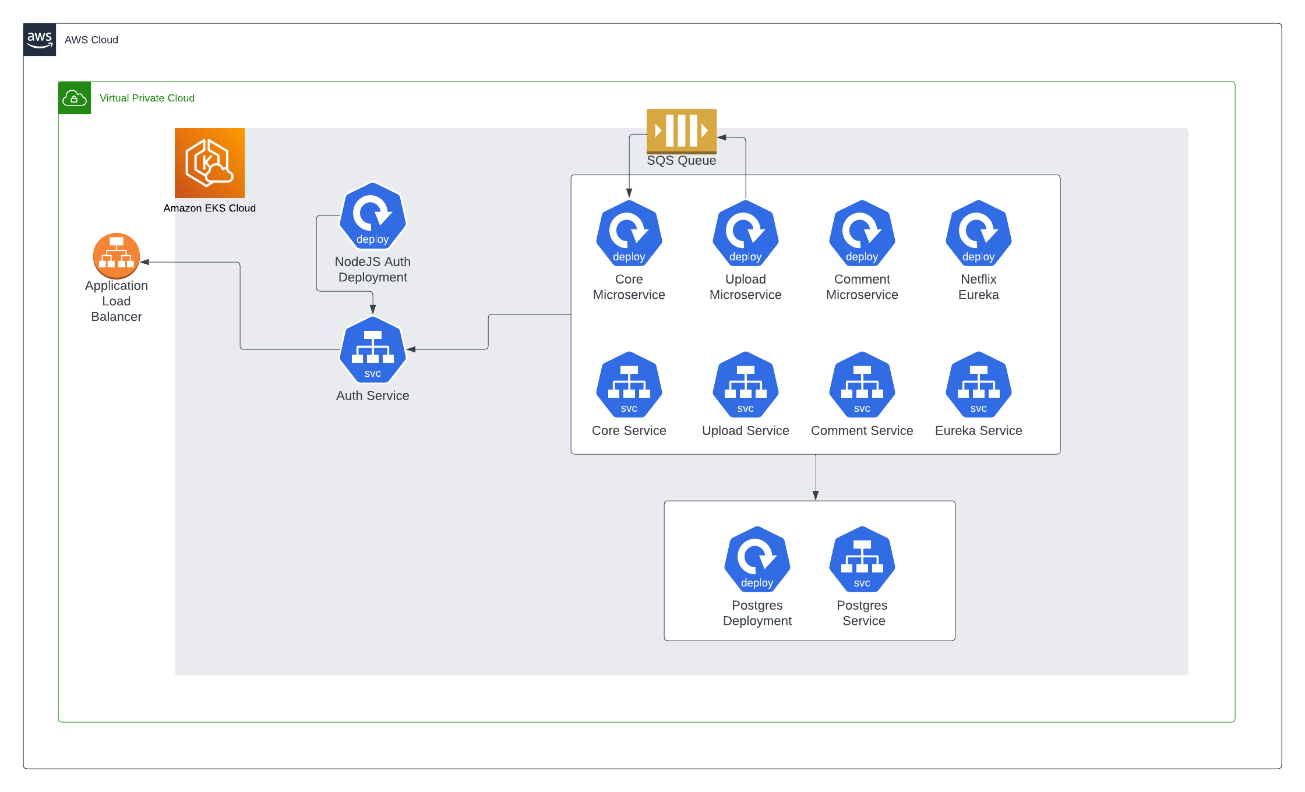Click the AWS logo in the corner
tap(40, 40)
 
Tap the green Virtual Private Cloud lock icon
tap(75, 98)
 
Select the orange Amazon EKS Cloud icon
tap(210, 163)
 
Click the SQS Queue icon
tap(682, 130)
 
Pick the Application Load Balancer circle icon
tap(117, 256)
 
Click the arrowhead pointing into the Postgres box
tap(816, 496)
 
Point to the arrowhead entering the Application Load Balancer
tap(145, 262)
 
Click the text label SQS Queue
tap(682, 161)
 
